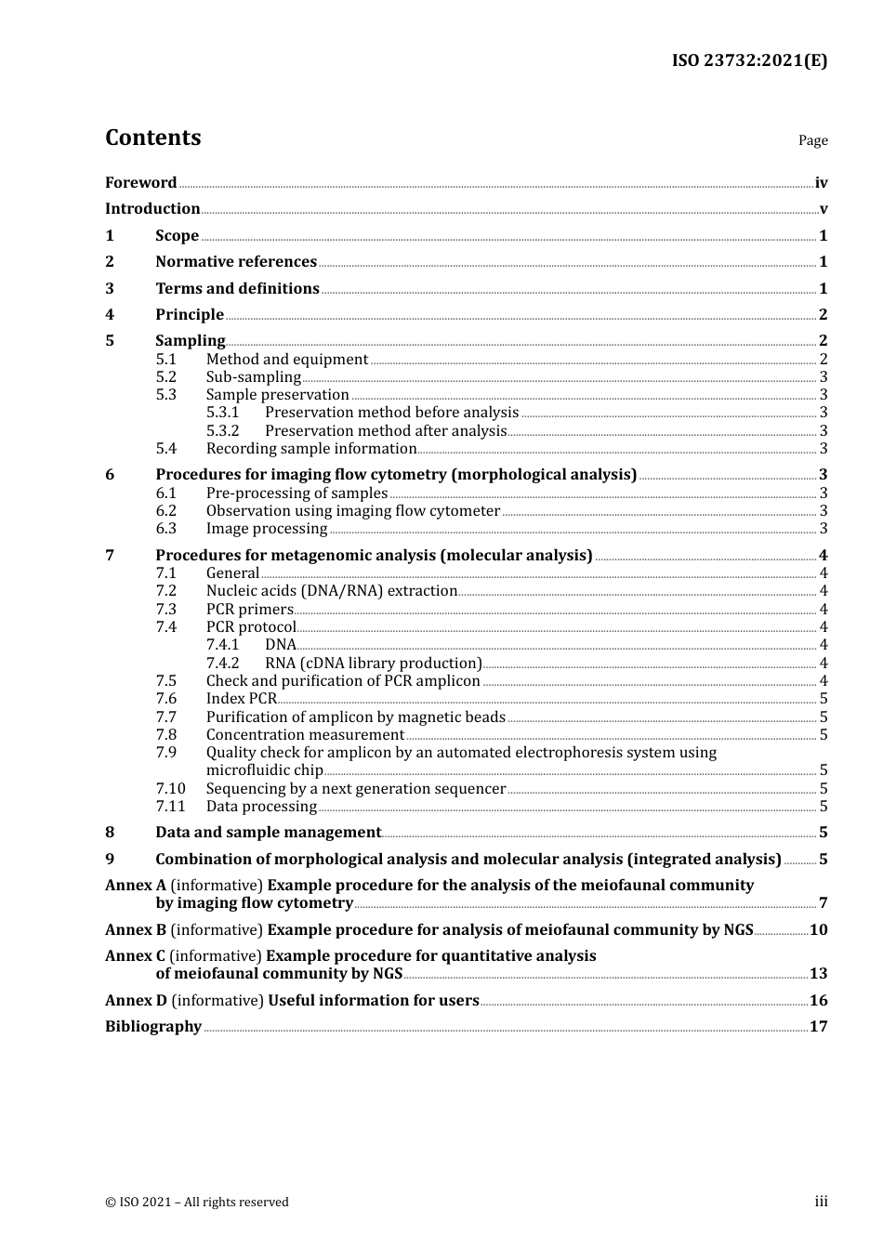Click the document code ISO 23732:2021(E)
click(x=749, y=60)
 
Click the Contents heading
click(x=152, y=138)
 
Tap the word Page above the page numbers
click(x=812, y=140)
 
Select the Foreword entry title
click(x=140, y=182)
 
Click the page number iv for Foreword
click(x=821, y=183)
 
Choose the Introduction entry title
click(x=152, y=209)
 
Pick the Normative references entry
click(x=236, y=262)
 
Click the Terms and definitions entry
click(x=237, y=288)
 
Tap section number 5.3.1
click(x=222, y=413)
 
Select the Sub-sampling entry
click(x=253, y=377)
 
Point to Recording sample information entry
click(x=311, y=449)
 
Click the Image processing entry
click(x=267, y=529)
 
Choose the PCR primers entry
click(x=249, y=610)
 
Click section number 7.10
click(x=170, y=789)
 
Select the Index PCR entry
click(x=241, y=699)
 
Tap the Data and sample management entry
click(x=268, y=833)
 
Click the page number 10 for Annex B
click(x=818, y=930)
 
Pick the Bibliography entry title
click(x=153, y=1027)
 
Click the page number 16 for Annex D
click(x=818, y=1001)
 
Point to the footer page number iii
click(x=821, y=1202)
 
